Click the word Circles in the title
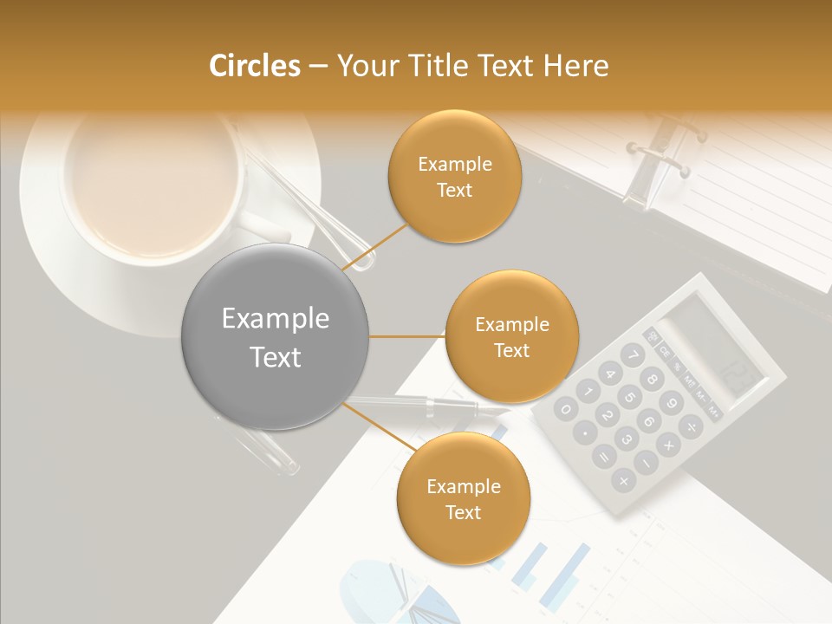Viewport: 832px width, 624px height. click(x=254, y=66)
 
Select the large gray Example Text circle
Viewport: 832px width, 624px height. click(x=276, y=337)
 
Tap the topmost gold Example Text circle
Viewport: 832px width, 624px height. click(x=454, y=177)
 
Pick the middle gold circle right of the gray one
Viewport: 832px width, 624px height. click(x=511, y=337)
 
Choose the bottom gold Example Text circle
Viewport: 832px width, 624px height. click(x=463, y=499)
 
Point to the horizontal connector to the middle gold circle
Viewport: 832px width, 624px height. click(x=407, y=336)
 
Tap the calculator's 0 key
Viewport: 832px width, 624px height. click(x=566, y=409)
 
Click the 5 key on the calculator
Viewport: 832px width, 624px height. click(x=630, y=398)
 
